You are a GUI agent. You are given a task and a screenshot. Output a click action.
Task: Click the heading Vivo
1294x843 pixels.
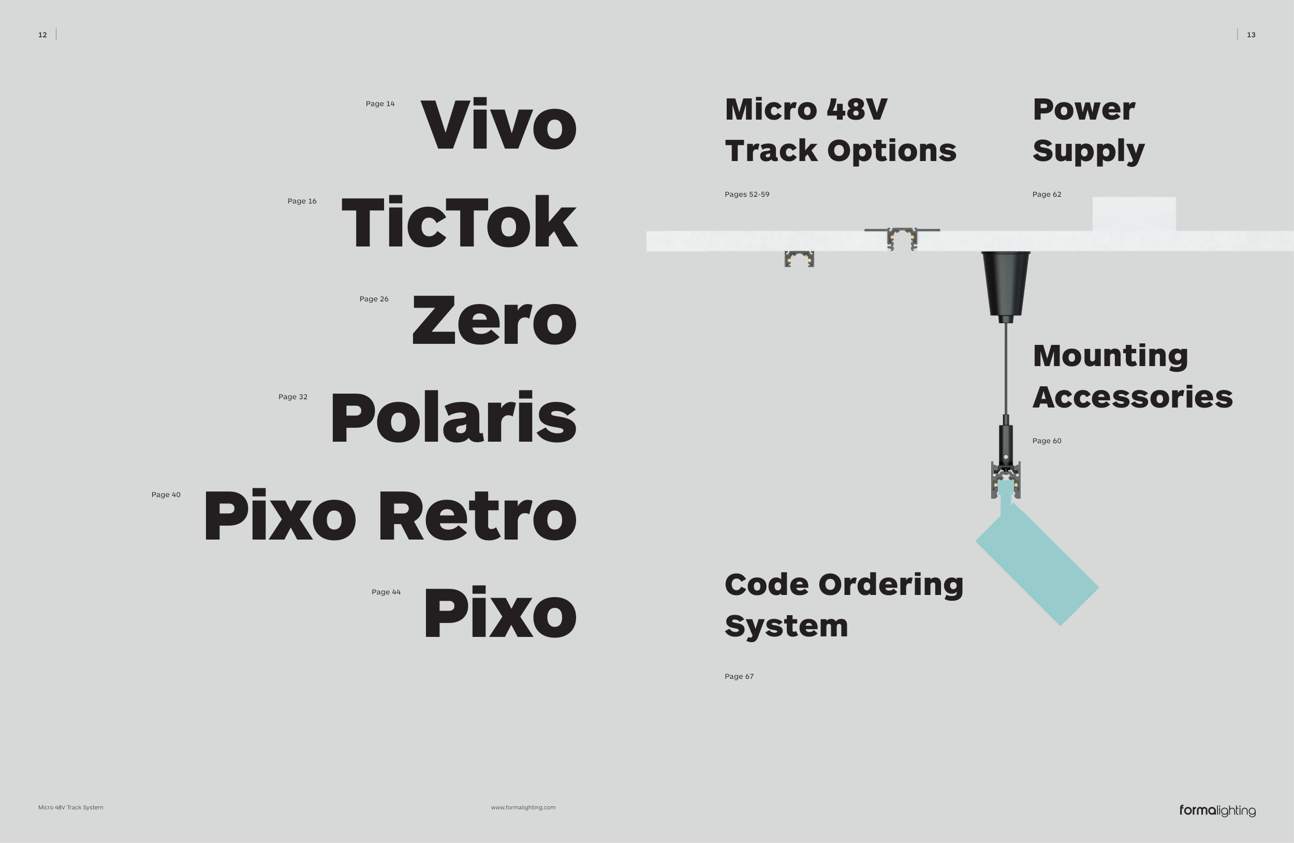coord(498,125)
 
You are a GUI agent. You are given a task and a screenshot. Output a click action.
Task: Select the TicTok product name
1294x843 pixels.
coord(459,223)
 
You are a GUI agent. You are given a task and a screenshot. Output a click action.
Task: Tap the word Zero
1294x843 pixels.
coord(494,321)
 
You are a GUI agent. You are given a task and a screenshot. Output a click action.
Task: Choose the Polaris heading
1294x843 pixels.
coord(453,418)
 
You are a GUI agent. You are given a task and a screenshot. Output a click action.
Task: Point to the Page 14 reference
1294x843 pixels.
coord(380,104)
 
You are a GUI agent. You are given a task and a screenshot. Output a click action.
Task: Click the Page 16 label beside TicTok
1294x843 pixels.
coord(302,201)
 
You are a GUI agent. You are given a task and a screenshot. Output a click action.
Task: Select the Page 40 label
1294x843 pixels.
coord(166,495)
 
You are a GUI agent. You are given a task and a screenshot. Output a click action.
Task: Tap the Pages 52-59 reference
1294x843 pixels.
coord(746,195)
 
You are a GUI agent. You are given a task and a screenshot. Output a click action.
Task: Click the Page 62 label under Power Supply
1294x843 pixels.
coord(1047,195)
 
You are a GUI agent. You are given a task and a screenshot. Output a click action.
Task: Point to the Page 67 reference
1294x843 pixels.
coord(739,677)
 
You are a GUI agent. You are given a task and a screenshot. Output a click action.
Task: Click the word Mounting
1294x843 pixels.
coord(1110,356)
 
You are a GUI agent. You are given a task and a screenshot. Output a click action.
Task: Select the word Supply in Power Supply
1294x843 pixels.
coord(1089,151)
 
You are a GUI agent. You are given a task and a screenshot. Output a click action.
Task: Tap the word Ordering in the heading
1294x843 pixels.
coord(890,585)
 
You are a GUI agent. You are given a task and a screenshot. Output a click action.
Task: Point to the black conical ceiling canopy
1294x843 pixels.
coord(1005,283)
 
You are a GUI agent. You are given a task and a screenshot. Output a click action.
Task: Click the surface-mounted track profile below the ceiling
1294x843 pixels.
coord(799,259)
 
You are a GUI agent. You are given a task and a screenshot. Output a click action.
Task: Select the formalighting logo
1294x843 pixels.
coord(1217,810)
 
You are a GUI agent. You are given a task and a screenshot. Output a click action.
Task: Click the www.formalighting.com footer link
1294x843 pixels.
coord(523,808)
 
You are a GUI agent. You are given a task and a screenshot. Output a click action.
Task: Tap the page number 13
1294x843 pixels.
coord(1251,35)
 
